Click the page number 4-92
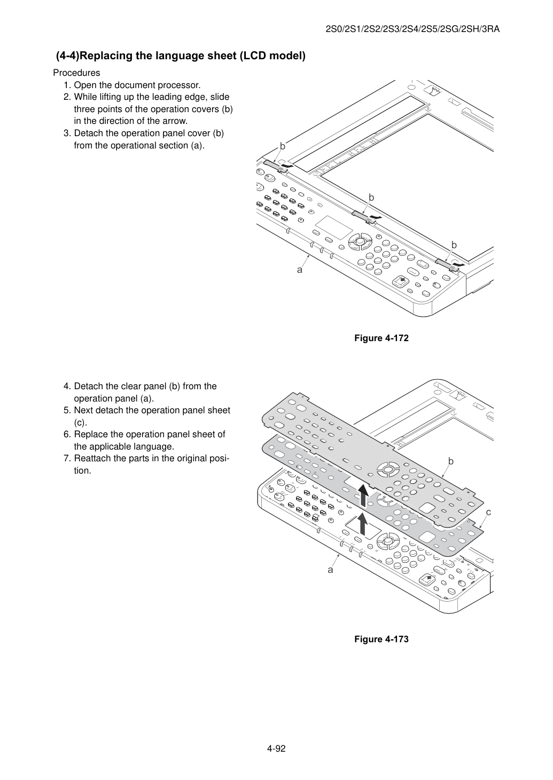[276, 749]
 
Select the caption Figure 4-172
[381, 338]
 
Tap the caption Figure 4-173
[381, 639]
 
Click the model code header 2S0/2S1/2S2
[353, 29]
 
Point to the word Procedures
[76, 73]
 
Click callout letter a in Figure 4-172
[300, 270]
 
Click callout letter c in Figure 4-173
[488, 512]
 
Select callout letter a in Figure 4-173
[330, 570]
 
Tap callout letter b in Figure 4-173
[450, 461]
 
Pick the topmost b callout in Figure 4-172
[282, 147]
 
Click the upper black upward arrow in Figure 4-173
[363, 495]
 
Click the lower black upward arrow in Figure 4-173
[363, 524]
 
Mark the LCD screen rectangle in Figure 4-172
[334, 227]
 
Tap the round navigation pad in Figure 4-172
[360, 241]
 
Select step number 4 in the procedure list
[67, 386]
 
